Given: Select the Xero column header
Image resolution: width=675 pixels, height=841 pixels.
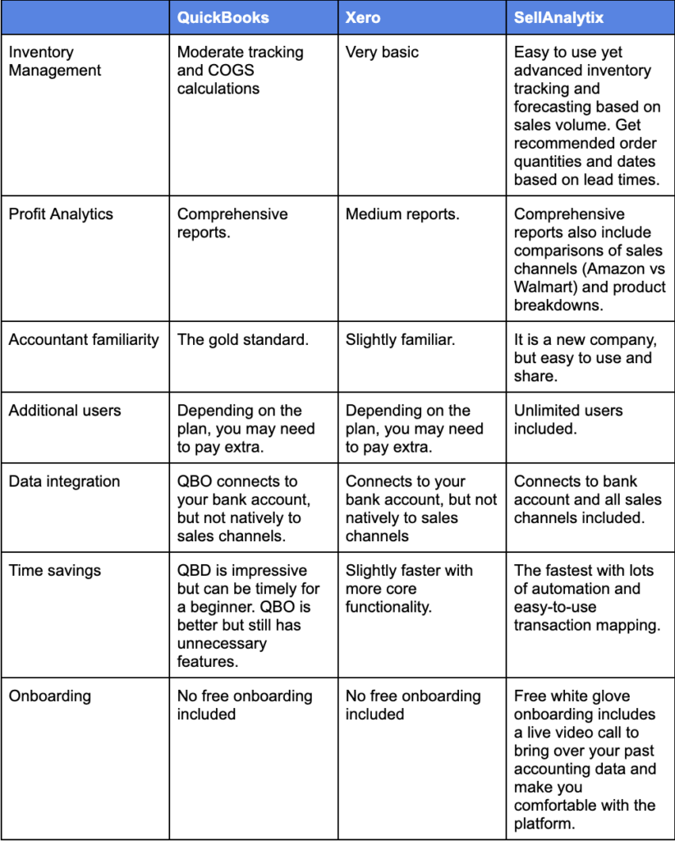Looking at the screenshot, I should [x=364, y=17].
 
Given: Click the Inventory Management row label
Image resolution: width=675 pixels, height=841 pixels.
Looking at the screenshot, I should [x=54, y=62].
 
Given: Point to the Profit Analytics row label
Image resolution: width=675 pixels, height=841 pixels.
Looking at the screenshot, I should [x=61, y=214].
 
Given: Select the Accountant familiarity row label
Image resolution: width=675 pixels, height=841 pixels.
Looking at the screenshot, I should [x=84, y=340].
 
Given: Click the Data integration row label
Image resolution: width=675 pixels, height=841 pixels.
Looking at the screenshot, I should [x=64, y=482].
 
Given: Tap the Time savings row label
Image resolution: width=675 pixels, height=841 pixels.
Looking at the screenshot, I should [x=54, y=571].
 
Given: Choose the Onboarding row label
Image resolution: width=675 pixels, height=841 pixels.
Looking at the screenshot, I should [x=49, y=696].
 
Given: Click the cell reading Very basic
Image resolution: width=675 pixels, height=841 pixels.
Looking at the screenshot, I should [x=382, y=53].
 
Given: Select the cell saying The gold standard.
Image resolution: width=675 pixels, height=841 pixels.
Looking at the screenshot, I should [x=243, y=340].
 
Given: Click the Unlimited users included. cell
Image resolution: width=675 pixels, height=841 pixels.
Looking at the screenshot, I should [x=568, y=420].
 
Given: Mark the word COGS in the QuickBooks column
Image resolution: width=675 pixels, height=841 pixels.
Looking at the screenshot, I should [x=228, y=71].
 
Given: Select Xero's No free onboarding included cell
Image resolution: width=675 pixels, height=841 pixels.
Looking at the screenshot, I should [x=413, y=705].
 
